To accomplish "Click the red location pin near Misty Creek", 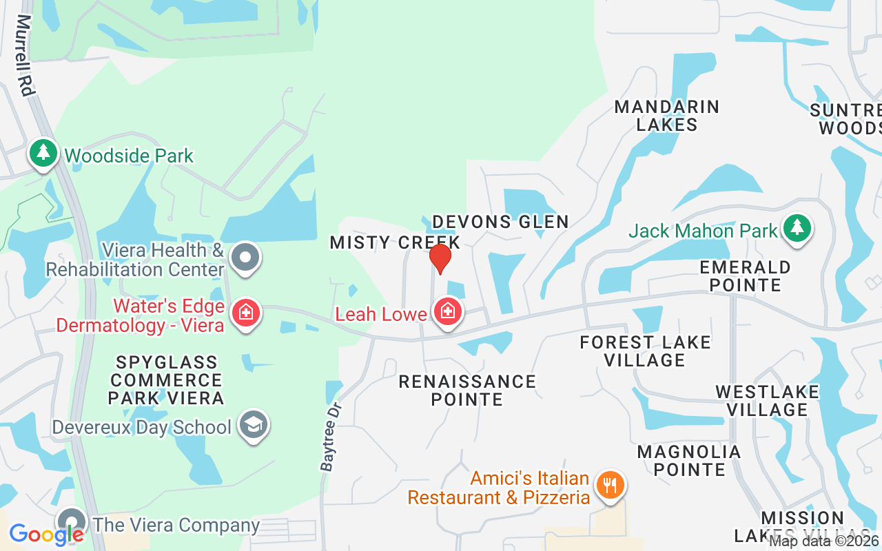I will [x=440, y=258].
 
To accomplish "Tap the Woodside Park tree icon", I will [x=43, y=154].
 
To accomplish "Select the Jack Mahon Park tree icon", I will [x=797, y=229].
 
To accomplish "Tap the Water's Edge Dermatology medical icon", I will [x=245, y=313].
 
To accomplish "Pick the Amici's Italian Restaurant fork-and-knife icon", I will [x=609, y=486].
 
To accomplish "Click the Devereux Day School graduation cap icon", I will [x=253, y=426].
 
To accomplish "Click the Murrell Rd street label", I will [x=25, y=55].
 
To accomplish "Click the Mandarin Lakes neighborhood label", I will [x=667, y=116].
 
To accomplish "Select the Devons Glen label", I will [x=500, y=222].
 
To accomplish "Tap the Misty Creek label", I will [x=395, y=242].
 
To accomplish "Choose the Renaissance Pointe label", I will [x=467, y=390].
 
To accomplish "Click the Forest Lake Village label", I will [x=645, y=351].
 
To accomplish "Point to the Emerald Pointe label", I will [x=745, y=275].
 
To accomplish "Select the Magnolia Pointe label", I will [x=689, y=461].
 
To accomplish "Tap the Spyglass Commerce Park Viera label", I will [x=166, y=380].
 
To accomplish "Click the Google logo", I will [x=47, y=534].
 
